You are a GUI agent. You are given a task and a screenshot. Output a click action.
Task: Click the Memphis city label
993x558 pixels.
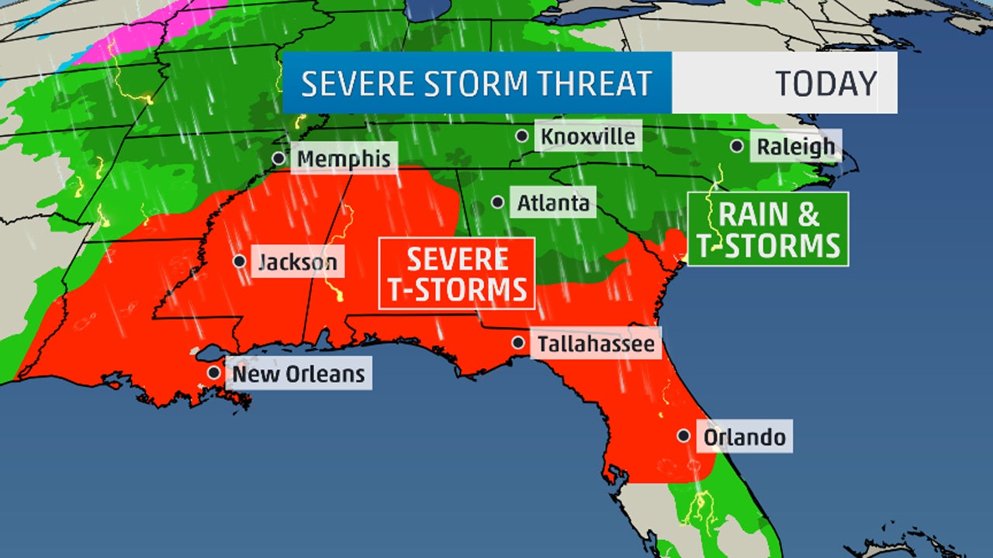[344, 159]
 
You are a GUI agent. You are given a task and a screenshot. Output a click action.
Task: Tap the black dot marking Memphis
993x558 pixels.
[279, 158]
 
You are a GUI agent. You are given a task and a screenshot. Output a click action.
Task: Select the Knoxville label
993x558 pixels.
[588, 136]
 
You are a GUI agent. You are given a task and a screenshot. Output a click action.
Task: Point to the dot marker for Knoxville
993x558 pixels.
[523, 136]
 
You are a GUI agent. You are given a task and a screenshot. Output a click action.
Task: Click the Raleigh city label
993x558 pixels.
[796, 146]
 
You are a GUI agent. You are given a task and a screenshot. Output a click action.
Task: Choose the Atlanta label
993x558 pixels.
[553, 203]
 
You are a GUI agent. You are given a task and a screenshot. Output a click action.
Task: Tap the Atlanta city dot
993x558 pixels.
[497, 203]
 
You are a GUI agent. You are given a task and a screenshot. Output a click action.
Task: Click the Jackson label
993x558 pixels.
[298, 262]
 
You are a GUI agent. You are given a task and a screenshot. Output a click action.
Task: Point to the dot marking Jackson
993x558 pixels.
[240, 261]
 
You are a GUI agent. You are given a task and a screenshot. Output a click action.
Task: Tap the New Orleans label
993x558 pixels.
[299, 374]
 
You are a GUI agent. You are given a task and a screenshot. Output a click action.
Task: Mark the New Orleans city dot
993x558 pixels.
[213, 373]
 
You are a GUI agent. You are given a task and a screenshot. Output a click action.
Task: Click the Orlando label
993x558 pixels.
[743, 436]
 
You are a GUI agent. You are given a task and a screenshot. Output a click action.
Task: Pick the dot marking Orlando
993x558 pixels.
[683, 436]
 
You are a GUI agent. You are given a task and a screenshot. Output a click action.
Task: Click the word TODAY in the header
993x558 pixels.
[825, 83]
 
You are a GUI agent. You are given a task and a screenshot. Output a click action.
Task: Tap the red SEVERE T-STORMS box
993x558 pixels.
[457, 274]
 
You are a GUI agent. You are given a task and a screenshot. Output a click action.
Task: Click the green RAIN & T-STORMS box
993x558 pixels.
[768, 229]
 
